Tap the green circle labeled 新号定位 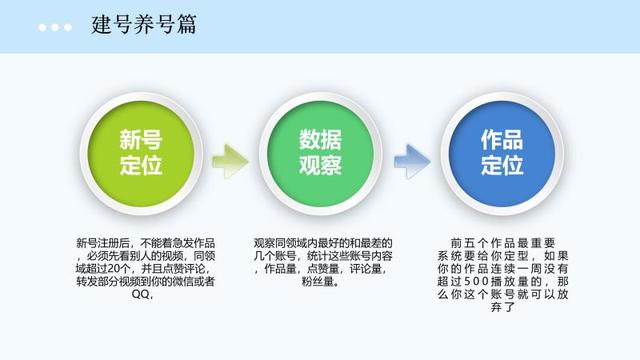pos(141,153)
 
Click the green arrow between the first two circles pos(230,157)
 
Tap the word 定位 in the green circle pos(141,166)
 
